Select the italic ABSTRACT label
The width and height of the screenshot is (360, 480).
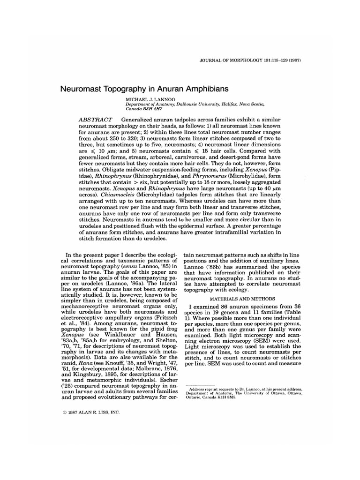93,120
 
